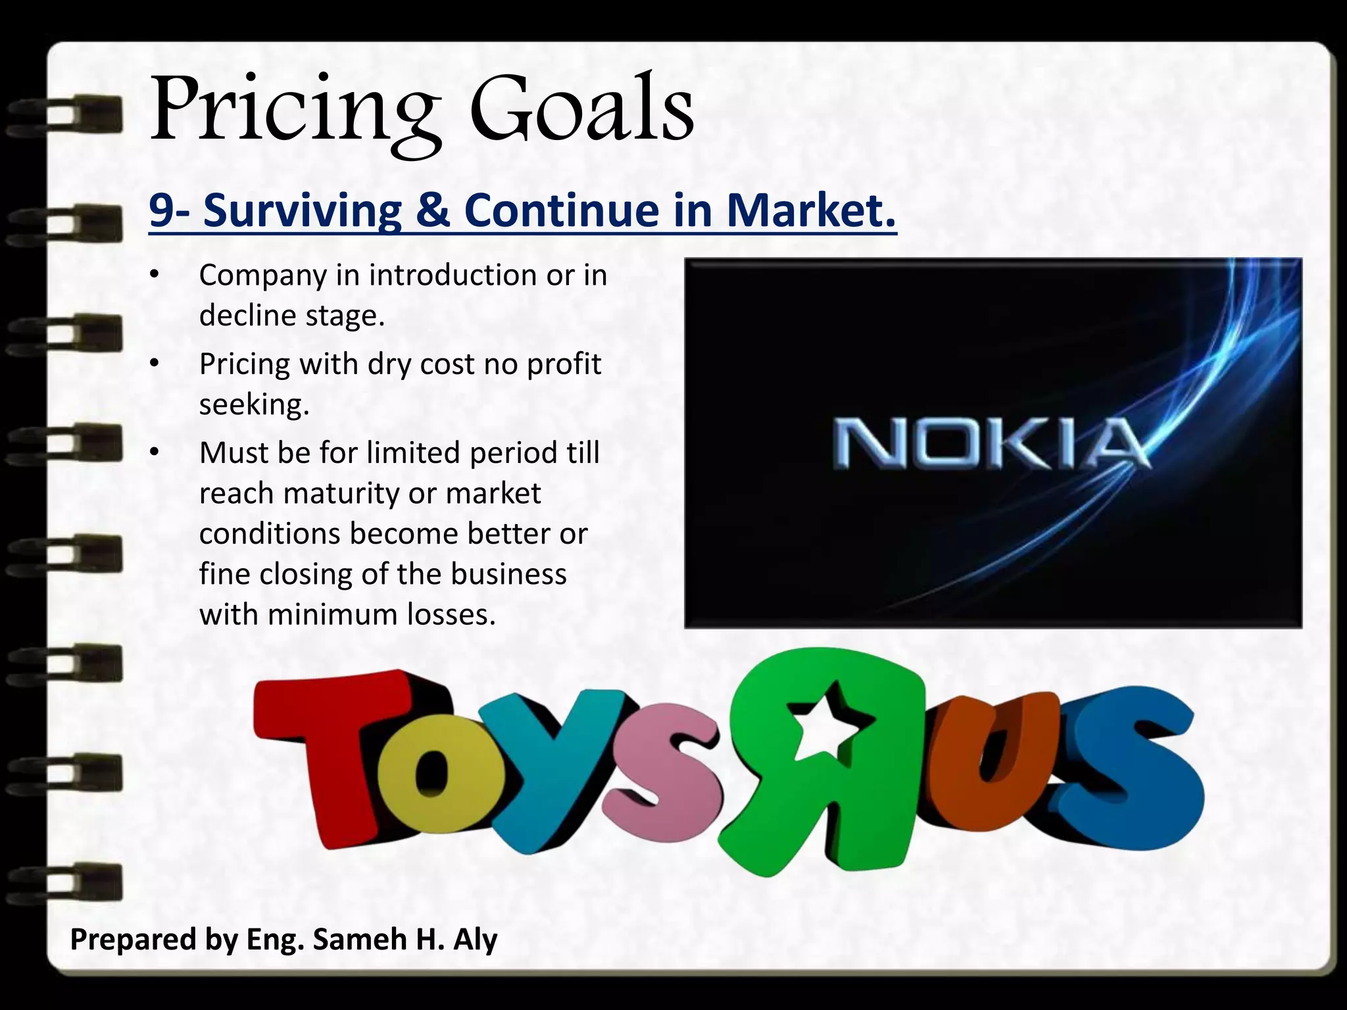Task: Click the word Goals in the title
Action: (x=581, y=108)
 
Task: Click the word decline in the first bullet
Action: (x=247, y=316)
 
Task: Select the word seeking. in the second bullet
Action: (x=254, y=404)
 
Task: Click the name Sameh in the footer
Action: (x=360, y=939)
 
